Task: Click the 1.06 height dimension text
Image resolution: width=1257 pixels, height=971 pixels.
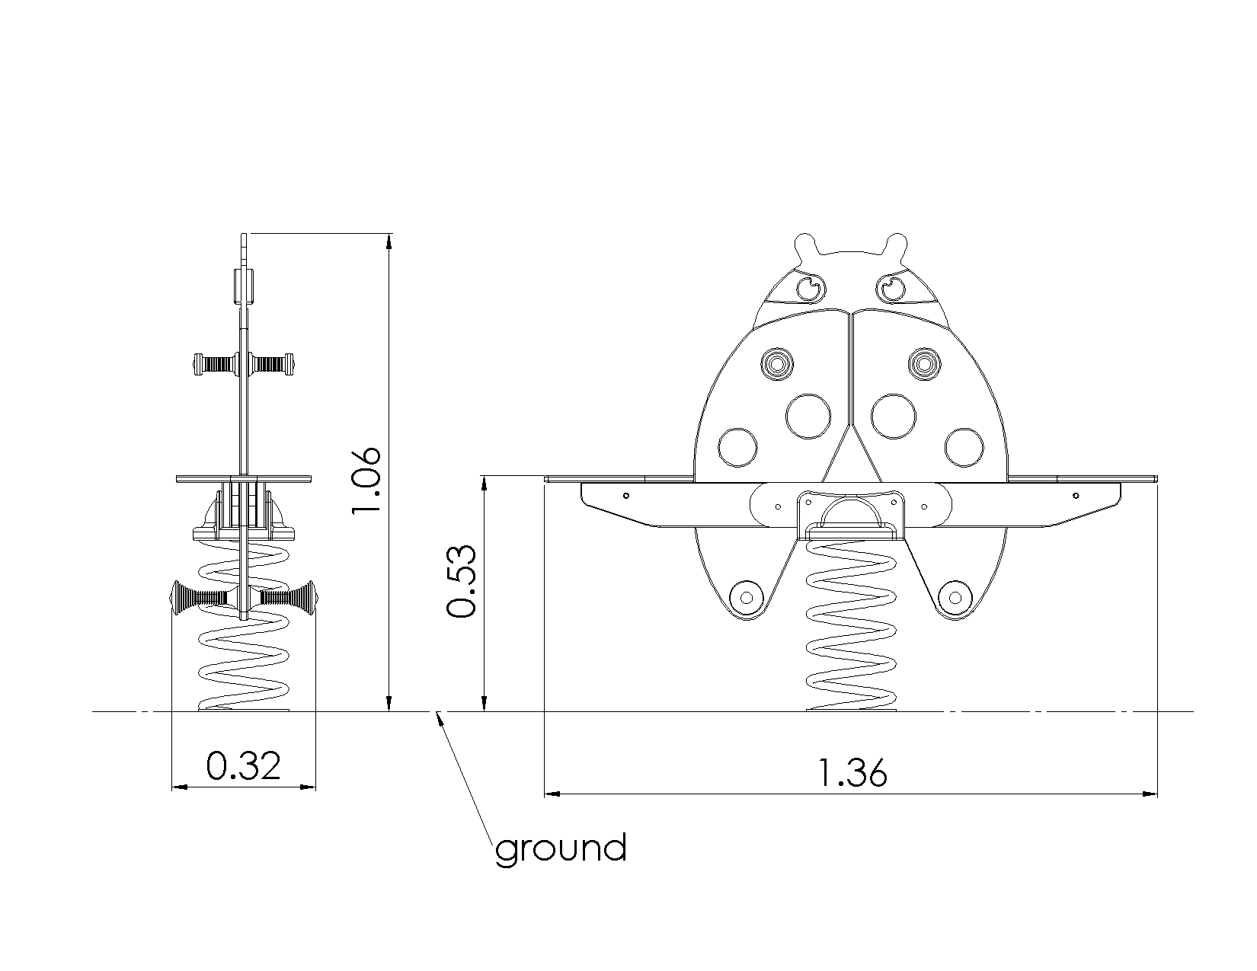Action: click(366, 480)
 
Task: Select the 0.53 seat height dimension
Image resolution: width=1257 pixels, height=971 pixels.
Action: click(462, 581)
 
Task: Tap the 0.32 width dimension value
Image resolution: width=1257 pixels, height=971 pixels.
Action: click(244, 765)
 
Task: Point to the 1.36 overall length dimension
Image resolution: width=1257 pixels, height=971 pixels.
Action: click(853, 773)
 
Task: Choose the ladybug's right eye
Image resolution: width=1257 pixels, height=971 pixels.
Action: click(891, 288)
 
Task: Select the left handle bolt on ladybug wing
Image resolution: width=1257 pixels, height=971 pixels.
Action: click(777, 364)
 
